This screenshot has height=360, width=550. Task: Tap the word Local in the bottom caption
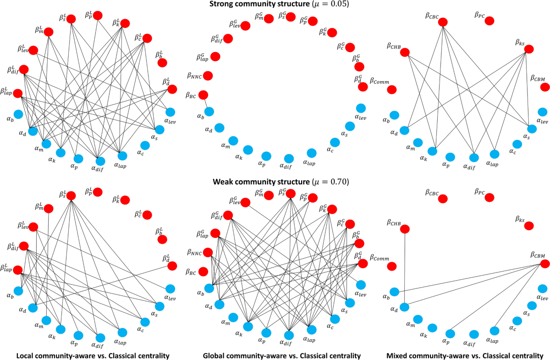point(26,355)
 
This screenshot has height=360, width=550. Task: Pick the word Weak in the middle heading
point(224,182)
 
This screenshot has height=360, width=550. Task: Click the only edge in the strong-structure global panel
point(206,103)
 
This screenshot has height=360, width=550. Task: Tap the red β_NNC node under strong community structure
point(208,76)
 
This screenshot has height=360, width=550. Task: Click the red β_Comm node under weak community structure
point(392,266)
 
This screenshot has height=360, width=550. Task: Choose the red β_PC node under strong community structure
point(489,21)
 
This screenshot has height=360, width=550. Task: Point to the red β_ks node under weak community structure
point(529,226)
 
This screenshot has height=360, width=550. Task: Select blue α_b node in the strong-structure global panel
point(209,111)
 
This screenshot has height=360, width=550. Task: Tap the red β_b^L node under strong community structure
point(162,62)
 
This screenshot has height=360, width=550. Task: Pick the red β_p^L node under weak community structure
point(98,192)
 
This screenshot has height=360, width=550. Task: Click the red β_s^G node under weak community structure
point(291,194)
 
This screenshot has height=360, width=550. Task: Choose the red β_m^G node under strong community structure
point(269,18)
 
